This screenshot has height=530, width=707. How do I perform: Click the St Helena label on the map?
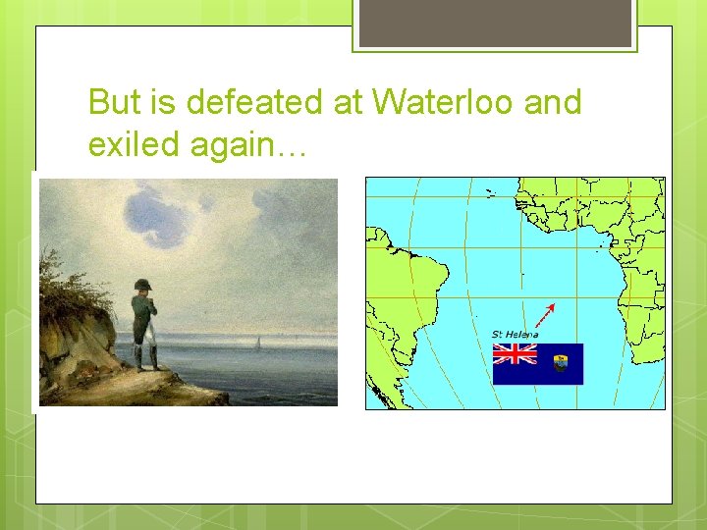[515, 335]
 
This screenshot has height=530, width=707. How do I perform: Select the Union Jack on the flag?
[516, 353]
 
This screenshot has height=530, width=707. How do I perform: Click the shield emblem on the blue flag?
[563, 364]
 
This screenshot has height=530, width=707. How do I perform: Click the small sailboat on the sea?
[258, 342]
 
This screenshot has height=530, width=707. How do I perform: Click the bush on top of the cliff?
[69, 280]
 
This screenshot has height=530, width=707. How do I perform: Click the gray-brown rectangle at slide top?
[494, 23]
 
